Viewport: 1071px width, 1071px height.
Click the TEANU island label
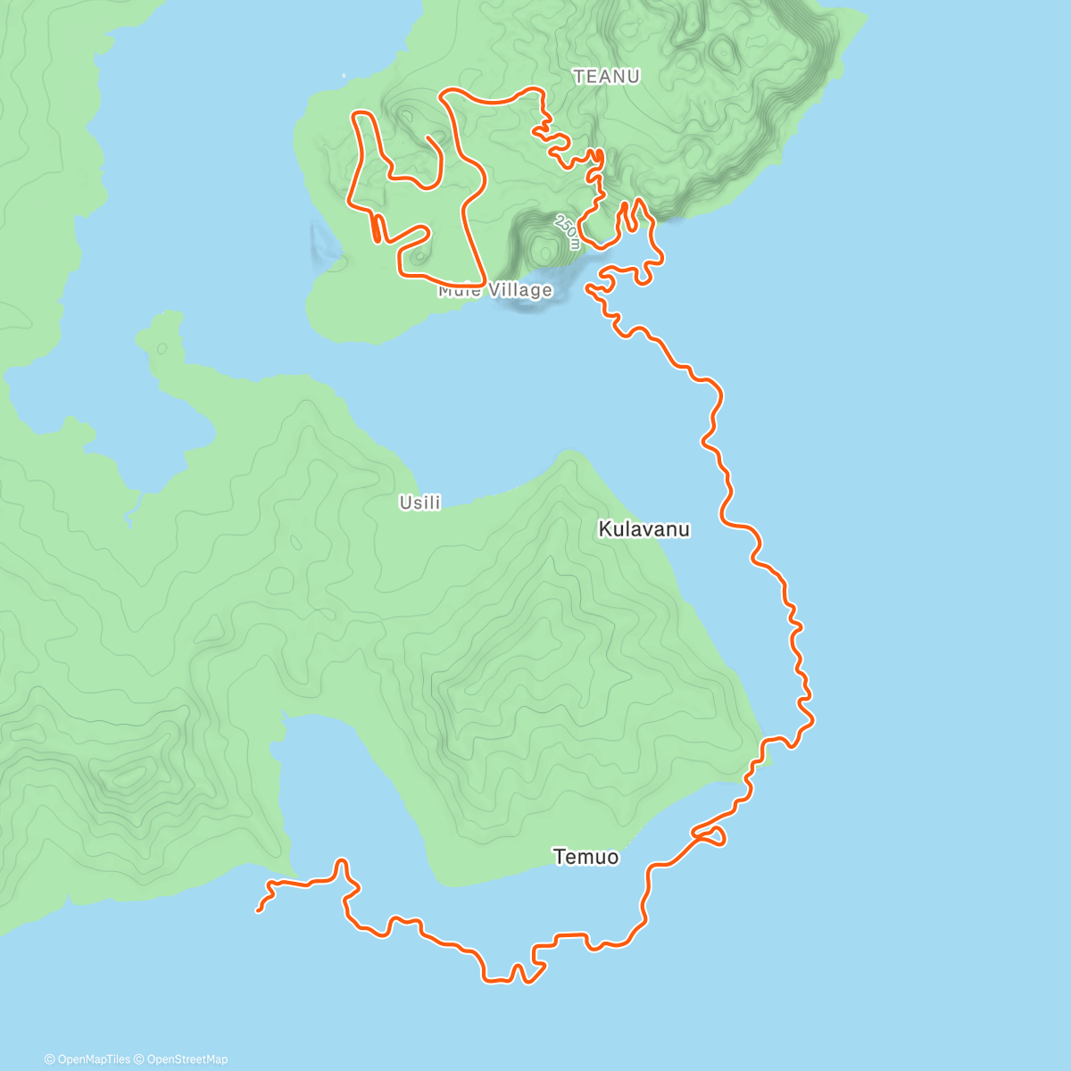pos(606,77)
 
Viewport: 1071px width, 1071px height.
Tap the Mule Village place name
pos(495,290)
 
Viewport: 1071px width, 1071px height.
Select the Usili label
pos(419,503)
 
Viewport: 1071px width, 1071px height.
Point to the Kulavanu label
pos(643,529)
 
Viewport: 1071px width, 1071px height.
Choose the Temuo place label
pos(585,857)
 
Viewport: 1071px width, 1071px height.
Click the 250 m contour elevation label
pos(568,230)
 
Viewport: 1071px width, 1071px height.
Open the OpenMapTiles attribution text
pos(87,1059)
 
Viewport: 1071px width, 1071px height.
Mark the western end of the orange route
pos(258,910)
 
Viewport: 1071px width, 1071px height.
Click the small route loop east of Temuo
pos(711,835)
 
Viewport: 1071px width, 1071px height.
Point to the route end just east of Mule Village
pos(587,288)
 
